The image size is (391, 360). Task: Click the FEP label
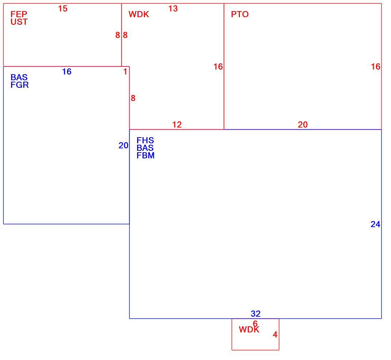click(19, 14)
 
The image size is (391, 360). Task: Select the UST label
click(19, 22)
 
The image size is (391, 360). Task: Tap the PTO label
click(240, 14)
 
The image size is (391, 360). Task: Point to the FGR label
click(19, 85)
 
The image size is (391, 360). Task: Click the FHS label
click(145, 140)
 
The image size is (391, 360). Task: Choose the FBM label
click(145, 155)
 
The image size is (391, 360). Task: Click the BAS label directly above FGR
click(19, 77)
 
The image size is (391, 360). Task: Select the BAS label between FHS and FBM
click(145, 148)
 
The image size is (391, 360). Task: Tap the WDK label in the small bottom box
click(249, 330)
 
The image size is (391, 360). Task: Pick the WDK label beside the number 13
click(139, 14)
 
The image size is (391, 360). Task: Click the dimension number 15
click(63, 9)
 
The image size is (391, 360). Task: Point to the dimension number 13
click(173, 9)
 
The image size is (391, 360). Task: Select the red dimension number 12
click(177, 125)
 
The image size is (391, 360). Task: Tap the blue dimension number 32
click(256, 313)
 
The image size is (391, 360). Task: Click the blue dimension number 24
click(375, 224)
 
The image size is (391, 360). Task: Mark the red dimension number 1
click(125, 72)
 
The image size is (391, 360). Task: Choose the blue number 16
click(67, 72)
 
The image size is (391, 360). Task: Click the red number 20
click(303, 125)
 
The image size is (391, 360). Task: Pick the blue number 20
click(124, 145)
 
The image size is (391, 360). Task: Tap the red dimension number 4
click(275, 335)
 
